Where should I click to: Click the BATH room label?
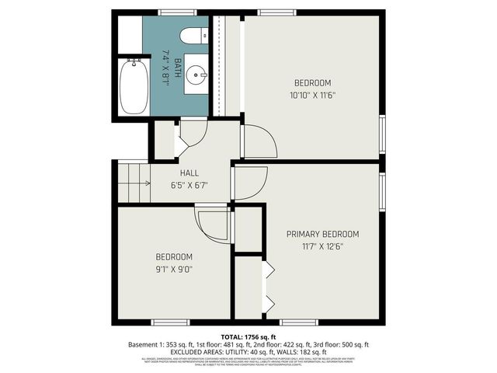pos(177,63)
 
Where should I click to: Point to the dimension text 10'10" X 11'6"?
pos(313,96)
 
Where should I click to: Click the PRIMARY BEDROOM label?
pos(322,234)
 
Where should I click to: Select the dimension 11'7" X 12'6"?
pos(322,246)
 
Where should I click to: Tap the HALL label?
pos(189,173)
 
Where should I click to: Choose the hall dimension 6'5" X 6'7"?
pos(189,185)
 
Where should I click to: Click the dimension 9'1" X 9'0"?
pos(174,269)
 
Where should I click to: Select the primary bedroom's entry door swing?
pos(250,183)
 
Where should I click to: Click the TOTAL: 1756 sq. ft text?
pos(248,336)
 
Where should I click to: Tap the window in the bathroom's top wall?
pos(172,12)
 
